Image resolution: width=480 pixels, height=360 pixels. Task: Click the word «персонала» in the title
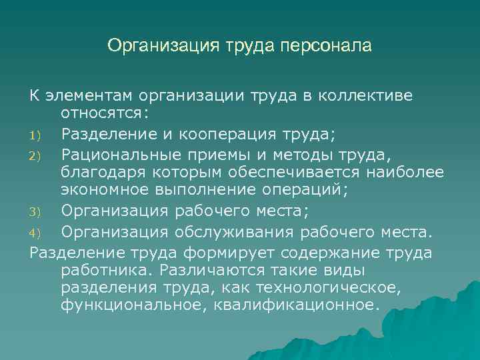327,46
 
